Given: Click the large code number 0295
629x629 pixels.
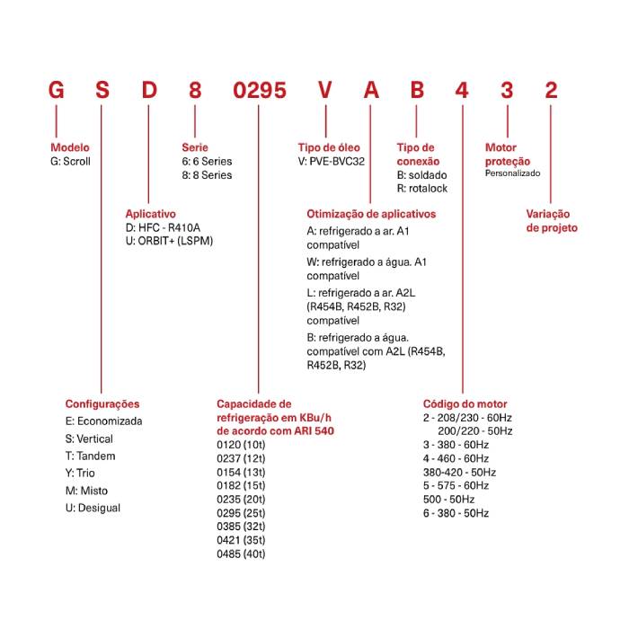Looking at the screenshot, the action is point(260,90).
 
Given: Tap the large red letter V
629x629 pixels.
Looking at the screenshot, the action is point(325,90).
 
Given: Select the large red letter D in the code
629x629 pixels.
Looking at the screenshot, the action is point(149,90).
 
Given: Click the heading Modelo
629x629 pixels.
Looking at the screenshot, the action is point(70,147).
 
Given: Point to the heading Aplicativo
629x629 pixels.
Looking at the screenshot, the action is point(150,214).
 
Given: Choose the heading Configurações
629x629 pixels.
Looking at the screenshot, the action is point(102,404).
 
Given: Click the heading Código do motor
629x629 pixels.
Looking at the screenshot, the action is point(465,404).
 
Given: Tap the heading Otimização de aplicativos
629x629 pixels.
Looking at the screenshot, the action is point(371,214).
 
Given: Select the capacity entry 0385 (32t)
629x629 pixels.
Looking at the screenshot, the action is point(241,527).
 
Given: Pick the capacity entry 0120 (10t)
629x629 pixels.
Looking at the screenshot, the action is point(241,445).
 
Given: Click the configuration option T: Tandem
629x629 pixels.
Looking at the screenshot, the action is point(90,456).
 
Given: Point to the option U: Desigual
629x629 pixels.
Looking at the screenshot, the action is point(93,508).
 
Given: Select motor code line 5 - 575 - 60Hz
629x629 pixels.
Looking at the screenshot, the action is point(456,486).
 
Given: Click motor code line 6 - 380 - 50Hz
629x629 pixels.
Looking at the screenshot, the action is point(456,513).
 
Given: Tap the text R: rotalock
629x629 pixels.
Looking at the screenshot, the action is point(422,189).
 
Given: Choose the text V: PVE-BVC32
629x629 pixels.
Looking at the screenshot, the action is point(332,161).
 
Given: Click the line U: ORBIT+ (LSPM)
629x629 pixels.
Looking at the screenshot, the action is point(169,241).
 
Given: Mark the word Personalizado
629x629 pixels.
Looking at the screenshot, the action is point(512,173).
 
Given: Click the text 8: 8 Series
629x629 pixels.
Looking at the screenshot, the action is point(207,175).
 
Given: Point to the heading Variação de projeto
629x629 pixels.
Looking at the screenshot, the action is point(552,221).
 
